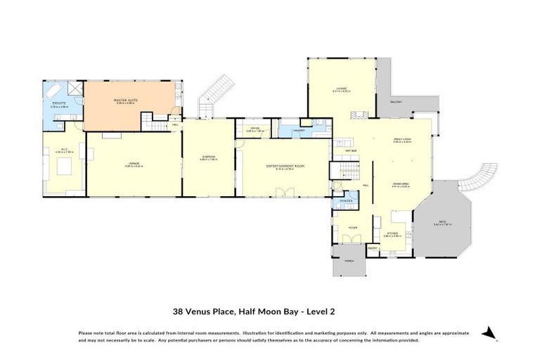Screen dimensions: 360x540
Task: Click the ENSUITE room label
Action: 59,104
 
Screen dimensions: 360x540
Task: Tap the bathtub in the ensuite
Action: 54,91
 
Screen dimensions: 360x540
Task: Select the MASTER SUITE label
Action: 126,101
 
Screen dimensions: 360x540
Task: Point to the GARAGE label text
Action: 132,165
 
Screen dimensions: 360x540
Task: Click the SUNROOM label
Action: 208,157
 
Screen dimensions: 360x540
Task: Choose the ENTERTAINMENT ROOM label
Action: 285,166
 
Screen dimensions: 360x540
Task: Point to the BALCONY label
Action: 396,103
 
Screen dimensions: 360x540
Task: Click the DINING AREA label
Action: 401,184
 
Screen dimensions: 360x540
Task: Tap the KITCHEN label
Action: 393,233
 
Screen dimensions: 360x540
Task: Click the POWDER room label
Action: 345,201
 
